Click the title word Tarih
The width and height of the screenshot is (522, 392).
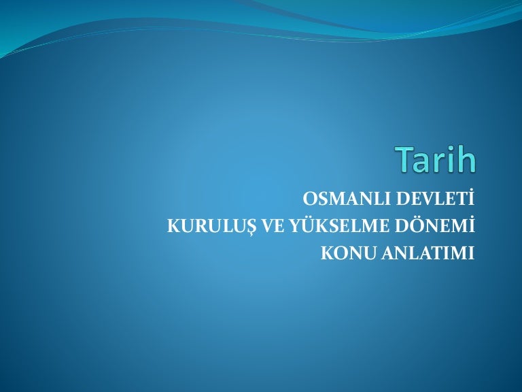435,159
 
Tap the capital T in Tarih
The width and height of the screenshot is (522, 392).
404,159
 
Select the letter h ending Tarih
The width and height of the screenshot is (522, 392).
466,159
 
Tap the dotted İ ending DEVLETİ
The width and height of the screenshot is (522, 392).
471,198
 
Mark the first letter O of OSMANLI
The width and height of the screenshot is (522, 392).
310,199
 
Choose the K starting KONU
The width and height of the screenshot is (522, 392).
328,253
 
